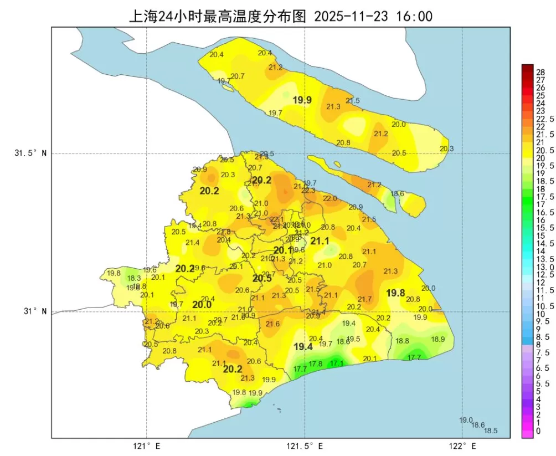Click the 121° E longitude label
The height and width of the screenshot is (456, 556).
click(x=147, y=445)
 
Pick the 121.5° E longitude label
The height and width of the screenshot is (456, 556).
click(x=305, y=445)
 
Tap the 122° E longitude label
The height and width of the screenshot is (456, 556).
click(x=462, y=445)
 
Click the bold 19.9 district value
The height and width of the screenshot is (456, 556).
click(x=302, y=100)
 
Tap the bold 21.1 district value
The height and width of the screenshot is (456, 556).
click(x=320, y=241)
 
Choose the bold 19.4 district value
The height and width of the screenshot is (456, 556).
click(x=303, y=347)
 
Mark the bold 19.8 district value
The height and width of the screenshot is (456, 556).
click(x=395, y=293)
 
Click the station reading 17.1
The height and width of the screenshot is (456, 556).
click(x=337, y=363)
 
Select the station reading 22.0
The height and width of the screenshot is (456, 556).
click(x=330, y=198)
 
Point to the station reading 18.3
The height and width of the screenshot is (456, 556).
click(x=133, y=278)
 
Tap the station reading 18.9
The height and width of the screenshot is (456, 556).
click(x=438, y=339)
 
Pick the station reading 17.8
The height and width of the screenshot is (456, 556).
click(x=316, y=364)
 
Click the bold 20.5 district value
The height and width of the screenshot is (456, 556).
click(x=262, y=279)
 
